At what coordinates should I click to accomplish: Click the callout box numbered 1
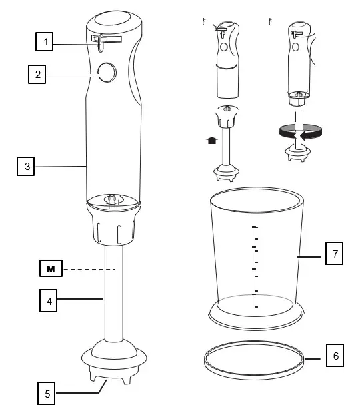pyautogui.click(x=45, y=43)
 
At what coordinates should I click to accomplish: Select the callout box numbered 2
pyautogui.click(x=37, y=73)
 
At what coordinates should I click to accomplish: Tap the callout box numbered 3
pyautogui.click(x=27, y=165)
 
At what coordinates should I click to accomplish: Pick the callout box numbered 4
pyautogui.click(x=46, y=300)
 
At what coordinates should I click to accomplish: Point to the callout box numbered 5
pyautogui.click(x=46, y=394)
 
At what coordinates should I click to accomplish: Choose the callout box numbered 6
pyautogui.click(x=335, y=356)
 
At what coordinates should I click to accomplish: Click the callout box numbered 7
pyautogui.click(x=335, y=254)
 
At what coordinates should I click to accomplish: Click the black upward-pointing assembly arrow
pyautogui.click(x=212, y=141)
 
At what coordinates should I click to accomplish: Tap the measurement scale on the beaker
pyautogui.click(x=254, y=266)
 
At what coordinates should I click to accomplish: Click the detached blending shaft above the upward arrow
pyautogui.click(x=227, y=143)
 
